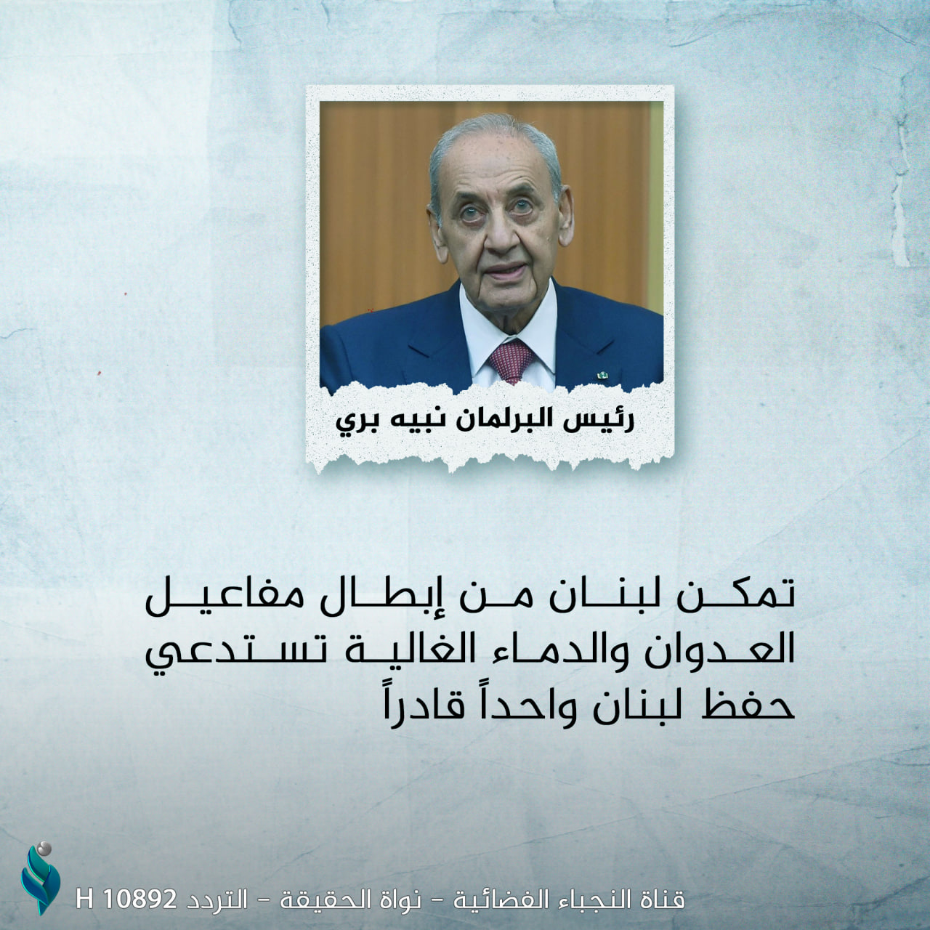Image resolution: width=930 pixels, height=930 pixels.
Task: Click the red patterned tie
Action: point(511,360)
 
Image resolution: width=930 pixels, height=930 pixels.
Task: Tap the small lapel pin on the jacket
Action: point(602,374)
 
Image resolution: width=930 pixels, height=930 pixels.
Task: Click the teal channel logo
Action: point(40,879)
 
